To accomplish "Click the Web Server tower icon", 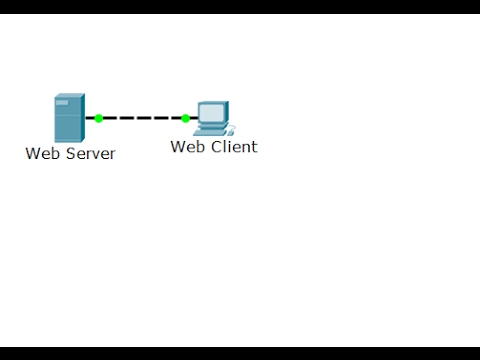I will point(69,118).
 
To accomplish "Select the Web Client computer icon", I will point(213,118).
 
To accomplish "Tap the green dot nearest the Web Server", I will point(98,118).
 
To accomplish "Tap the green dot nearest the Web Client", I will point(185,118).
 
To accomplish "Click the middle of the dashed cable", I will point(142,118).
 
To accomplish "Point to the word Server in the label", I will point(91,154).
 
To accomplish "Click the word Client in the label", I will point(234,147).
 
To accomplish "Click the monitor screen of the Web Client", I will point(212,113).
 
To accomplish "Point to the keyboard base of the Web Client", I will point(212,131).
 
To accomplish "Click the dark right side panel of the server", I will point(81,119).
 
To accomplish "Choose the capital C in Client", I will point(216,147).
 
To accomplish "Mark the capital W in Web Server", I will point(33,154).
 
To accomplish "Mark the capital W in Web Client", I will point(178,147).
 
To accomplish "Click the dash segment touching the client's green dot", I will point(176,118).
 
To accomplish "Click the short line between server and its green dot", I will point(89,118).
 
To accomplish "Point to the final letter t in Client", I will point(254,147).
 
